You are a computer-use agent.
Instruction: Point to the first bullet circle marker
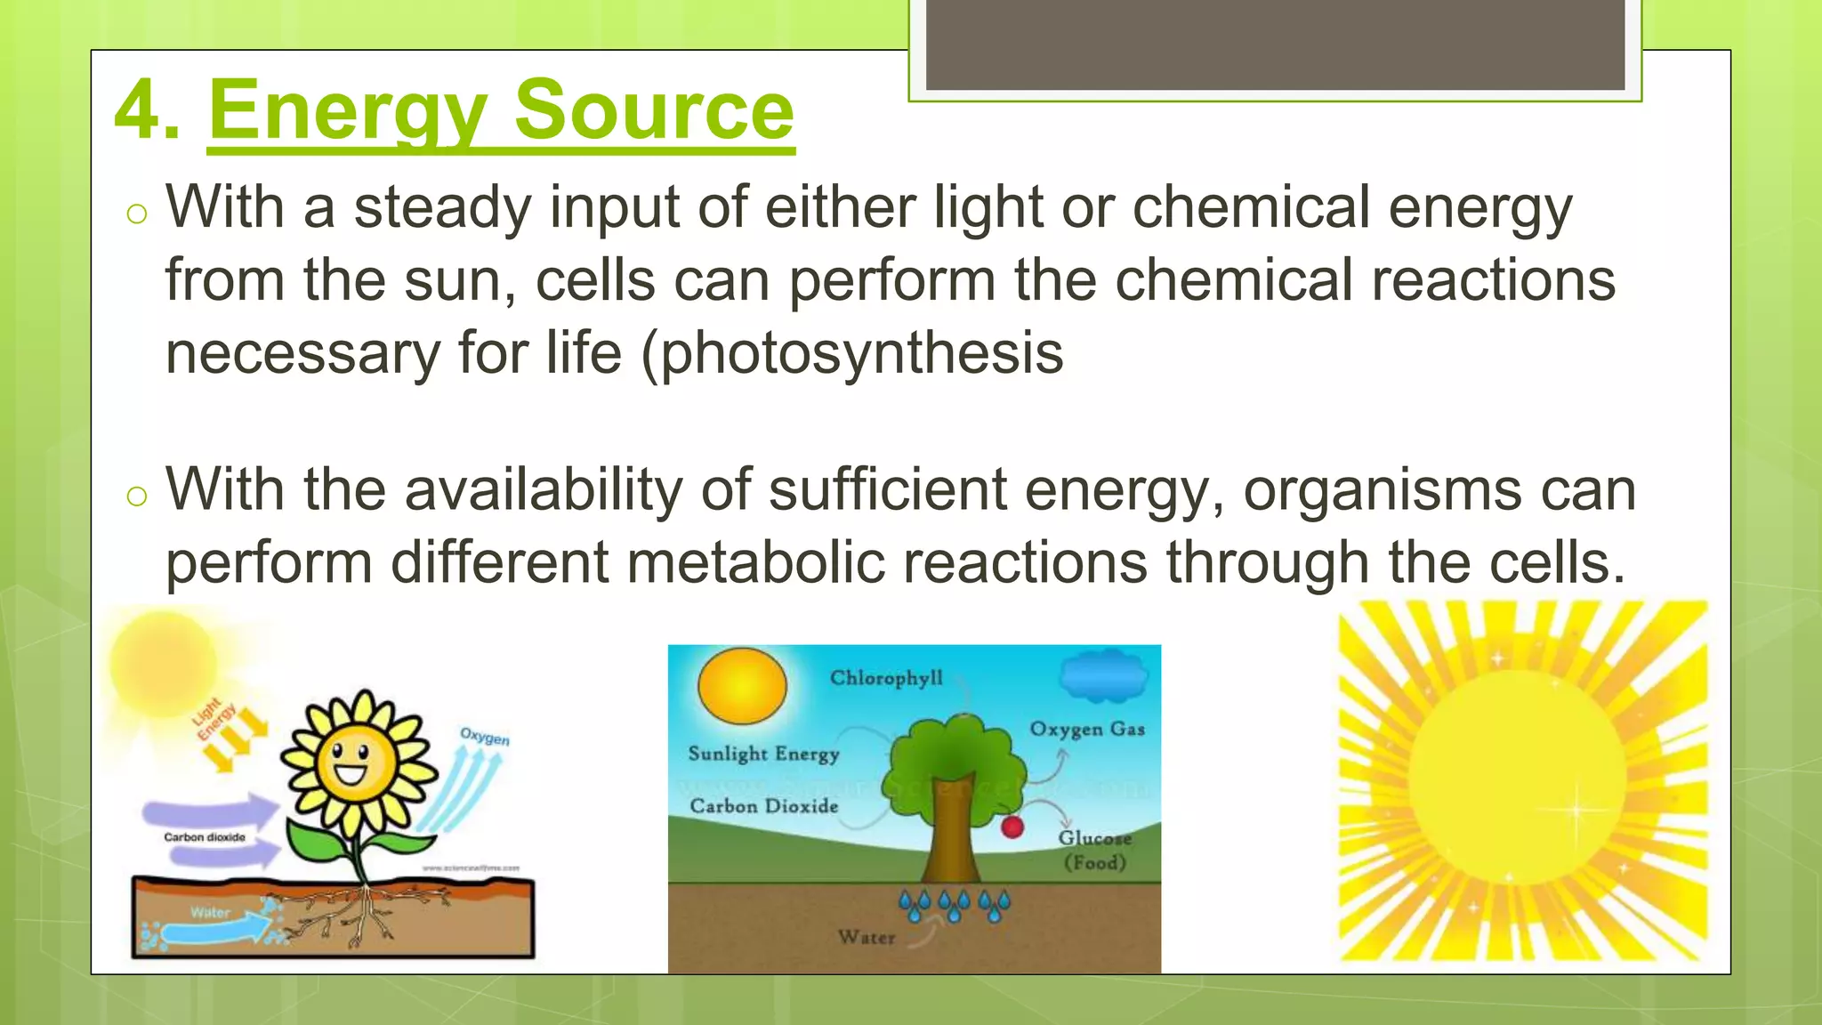point(136,214)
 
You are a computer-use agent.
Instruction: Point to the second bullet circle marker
point(136,496)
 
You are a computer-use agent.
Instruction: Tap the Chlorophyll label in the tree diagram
point(886,679)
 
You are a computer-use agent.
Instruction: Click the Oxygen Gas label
point(1087,730)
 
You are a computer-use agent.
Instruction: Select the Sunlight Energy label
point(763,755)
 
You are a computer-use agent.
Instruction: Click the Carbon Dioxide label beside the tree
point(763,806)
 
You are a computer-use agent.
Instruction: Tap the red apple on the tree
point(1012,827)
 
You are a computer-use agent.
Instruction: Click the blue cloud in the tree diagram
point(1103,677)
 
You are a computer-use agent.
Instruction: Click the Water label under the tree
point(866,937)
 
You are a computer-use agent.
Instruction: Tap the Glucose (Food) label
point(1094,851)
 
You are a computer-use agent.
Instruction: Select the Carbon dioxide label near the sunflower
point(204,837)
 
